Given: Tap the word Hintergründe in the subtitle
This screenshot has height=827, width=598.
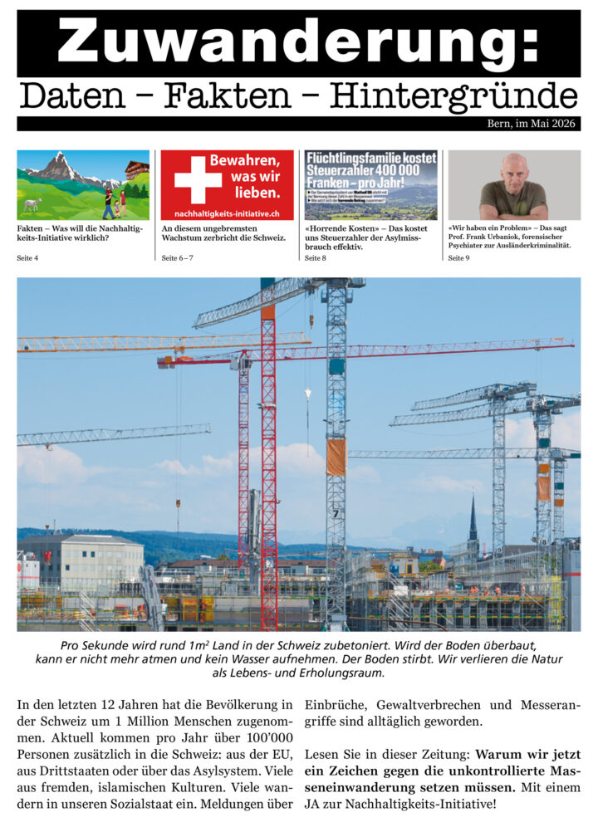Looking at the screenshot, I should coord(453,96).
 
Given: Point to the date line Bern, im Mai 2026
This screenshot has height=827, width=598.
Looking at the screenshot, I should coord(532,124).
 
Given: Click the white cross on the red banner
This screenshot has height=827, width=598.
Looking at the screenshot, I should coord(198,179).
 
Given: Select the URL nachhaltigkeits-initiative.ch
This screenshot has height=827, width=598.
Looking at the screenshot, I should coord(227,214).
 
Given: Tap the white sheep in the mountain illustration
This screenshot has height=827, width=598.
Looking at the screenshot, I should coord(32,203).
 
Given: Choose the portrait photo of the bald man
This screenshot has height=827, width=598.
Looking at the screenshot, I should coord(513,184).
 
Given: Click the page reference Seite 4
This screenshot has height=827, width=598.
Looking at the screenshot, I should coord(27,258).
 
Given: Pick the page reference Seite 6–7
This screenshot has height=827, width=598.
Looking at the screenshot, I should coord(177,258).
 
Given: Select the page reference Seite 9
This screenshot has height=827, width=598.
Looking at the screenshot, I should coord(458,258).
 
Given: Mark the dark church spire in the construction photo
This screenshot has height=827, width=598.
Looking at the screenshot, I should coord(473,519).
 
